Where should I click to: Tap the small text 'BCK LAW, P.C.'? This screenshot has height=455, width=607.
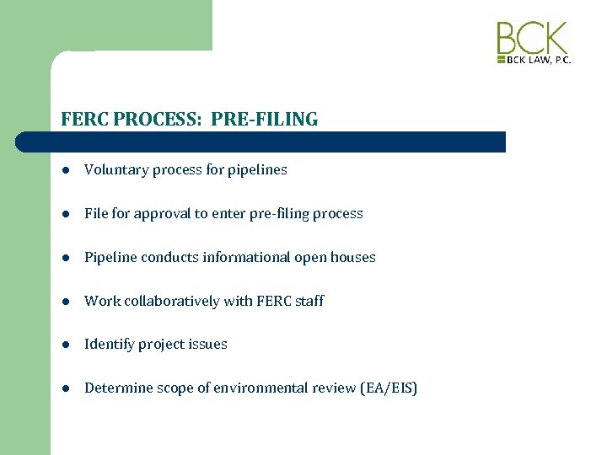click(538, 61)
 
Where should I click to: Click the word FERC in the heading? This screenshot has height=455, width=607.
click(83, 120)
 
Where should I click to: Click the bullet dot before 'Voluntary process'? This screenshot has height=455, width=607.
click(66, 170)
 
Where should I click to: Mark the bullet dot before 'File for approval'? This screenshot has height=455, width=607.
click(66, 214)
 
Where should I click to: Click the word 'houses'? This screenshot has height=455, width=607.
click(353, 257)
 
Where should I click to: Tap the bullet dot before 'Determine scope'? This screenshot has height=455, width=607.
click(66, 388)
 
